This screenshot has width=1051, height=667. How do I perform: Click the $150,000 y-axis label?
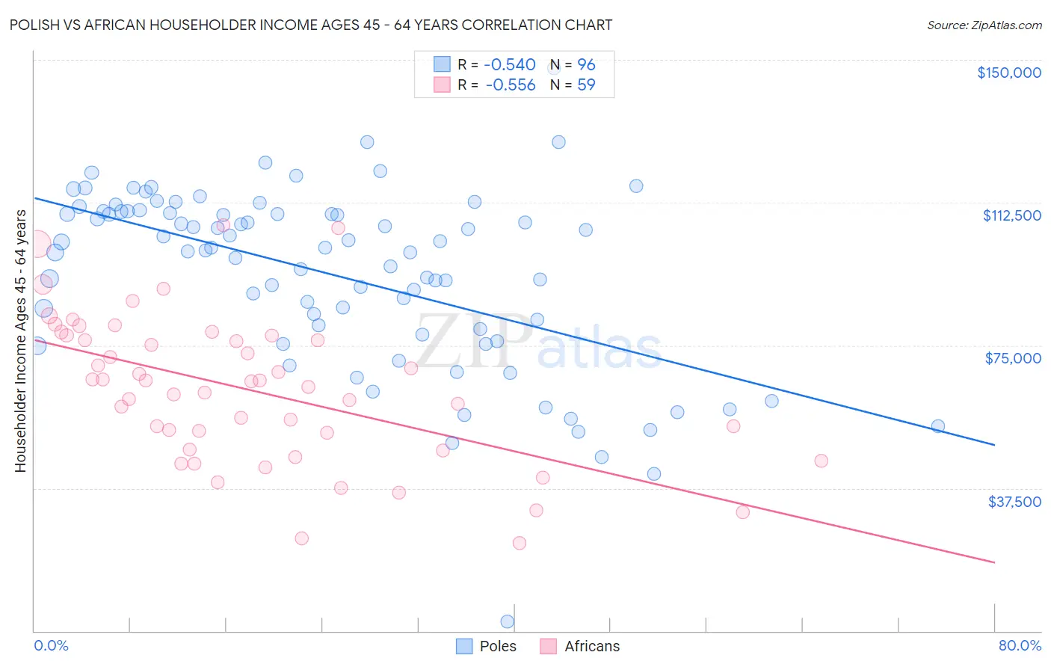(x=1008, y=73)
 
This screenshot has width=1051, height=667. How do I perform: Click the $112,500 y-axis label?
(x=1011, y=215)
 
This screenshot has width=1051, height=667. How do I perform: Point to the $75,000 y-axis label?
(x=1013, y=358)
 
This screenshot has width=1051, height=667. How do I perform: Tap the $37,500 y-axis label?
(x=1014, y=502)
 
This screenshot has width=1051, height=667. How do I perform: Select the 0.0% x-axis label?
(x=51, y=645)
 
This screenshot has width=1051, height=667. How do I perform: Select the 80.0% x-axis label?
(x=1020, y=645)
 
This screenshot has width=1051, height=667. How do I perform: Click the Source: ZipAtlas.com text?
(x=984, y=25)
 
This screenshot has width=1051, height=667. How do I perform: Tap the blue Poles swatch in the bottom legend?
(x=464, y=646)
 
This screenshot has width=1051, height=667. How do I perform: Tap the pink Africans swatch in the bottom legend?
(x=548, y=646)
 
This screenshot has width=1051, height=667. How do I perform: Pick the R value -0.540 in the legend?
(x=511, y=65)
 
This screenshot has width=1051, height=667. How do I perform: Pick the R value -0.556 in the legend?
(x=511, y=85)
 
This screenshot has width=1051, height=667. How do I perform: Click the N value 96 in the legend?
(x=586, y=65)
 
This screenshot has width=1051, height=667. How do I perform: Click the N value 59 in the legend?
(x=586, y=85)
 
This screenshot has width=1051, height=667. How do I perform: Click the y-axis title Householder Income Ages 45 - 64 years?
(x=21, y=341)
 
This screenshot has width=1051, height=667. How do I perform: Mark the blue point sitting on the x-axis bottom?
(x=507, y=621)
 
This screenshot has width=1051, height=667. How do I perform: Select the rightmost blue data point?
(x=937, y=426)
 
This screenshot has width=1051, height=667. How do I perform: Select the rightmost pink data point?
(x=821, y=461)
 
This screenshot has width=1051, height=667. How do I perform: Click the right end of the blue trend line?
(x=994, y=445)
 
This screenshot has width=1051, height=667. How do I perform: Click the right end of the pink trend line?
(x=994, y=562)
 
